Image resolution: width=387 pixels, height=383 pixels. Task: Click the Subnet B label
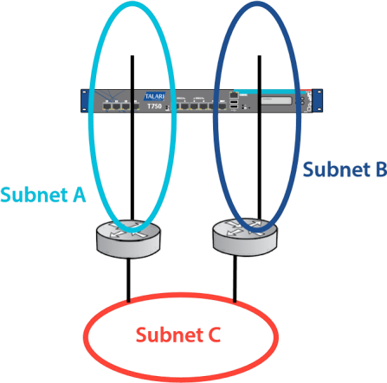click(x=344, y=169)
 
